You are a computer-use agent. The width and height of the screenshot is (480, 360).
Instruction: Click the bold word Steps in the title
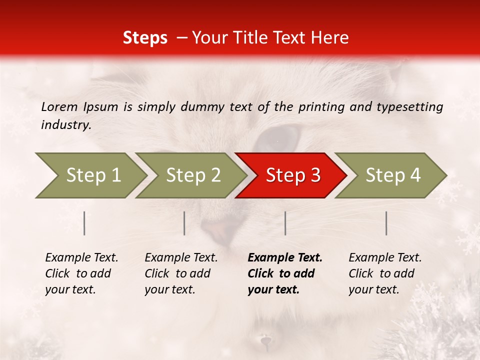click(145, 38)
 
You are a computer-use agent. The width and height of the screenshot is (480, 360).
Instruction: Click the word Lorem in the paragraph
click(59, 107)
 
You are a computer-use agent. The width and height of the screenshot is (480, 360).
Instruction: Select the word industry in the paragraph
click(65, 125)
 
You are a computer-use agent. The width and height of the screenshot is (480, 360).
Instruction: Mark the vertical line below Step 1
click(84, 223)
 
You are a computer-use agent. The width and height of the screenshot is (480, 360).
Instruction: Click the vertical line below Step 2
click(184, 223)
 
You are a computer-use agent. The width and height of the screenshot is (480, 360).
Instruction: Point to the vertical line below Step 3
click(285, 223)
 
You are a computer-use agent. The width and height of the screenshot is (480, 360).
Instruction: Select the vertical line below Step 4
click(386, 223)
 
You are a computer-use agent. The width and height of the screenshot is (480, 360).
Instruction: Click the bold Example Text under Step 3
click(285, 258)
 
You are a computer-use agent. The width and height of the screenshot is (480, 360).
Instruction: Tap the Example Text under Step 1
click(81, 258)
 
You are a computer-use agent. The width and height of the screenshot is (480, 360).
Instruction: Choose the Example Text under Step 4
click(385, 258)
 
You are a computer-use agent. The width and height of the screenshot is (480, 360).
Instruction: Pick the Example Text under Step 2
click(181, 258)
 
